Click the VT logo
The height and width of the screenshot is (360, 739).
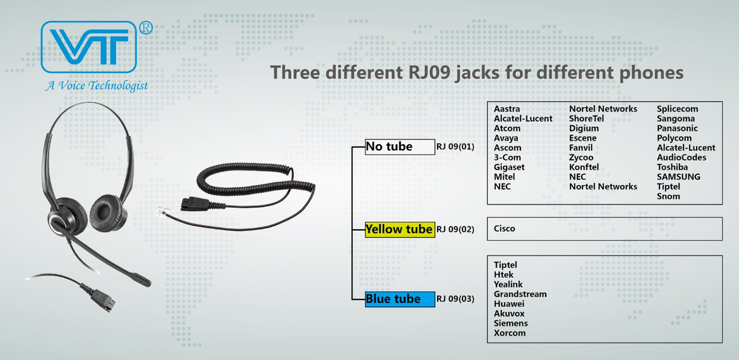coord(89,47)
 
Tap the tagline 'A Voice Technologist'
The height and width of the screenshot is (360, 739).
coord(97,86)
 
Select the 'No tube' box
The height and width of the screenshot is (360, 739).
coord(400,147)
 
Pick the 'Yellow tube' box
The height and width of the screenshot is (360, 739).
coord(400,229)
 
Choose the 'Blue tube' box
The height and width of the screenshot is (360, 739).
coord(400,299)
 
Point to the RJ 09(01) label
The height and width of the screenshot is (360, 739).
coord(455,147)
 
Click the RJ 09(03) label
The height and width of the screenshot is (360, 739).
coord(455,299)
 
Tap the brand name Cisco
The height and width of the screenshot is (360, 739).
coord(504,229)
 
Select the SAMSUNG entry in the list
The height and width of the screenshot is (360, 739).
coord(678,177)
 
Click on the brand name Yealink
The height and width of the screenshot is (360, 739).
coord(508,284)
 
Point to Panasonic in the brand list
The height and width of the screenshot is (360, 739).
coord(677,128)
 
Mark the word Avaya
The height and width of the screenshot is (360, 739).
coord(506,138)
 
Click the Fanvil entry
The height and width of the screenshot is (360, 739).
coord(580,148)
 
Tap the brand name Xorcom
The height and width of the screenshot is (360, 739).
coord(510,333)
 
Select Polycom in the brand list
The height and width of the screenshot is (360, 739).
coord(674,138)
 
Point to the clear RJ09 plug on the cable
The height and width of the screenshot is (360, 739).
coord(162,211)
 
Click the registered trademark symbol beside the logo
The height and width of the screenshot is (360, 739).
coord(146,28)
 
